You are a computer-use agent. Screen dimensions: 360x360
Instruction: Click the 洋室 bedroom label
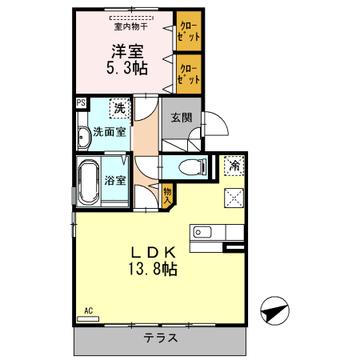[127, 51]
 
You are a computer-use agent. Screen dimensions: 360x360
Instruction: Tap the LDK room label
[154, 253]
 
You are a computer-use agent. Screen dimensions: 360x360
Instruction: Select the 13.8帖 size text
[153, 269]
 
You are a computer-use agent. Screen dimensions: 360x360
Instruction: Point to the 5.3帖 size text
[127, 68]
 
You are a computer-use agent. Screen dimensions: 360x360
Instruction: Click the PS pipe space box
[81, 102]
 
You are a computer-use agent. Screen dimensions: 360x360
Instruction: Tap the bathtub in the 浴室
[89, 182]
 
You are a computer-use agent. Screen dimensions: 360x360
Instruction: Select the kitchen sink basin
[202, 232]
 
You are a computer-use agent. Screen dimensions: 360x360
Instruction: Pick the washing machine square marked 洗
[119, 108]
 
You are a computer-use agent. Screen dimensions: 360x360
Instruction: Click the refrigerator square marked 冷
[234, 166]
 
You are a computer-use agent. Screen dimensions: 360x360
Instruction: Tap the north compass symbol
[274, 310]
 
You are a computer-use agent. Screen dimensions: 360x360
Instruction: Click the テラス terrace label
[160, 338]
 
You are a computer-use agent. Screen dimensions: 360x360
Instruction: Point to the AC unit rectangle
[88, 318]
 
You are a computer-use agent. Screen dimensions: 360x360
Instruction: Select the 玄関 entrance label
[182, 118]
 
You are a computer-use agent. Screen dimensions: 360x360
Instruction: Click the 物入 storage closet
[167, 195]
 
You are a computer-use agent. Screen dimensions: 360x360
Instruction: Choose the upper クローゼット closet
[189, 31]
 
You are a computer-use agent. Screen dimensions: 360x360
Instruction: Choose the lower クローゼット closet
[189, 74]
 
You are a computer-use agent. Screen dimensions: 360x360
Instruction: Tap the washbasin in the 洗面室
[84, 138]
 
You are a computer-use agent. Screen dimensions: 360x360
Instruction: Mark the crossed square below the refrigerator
[234, 198]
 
